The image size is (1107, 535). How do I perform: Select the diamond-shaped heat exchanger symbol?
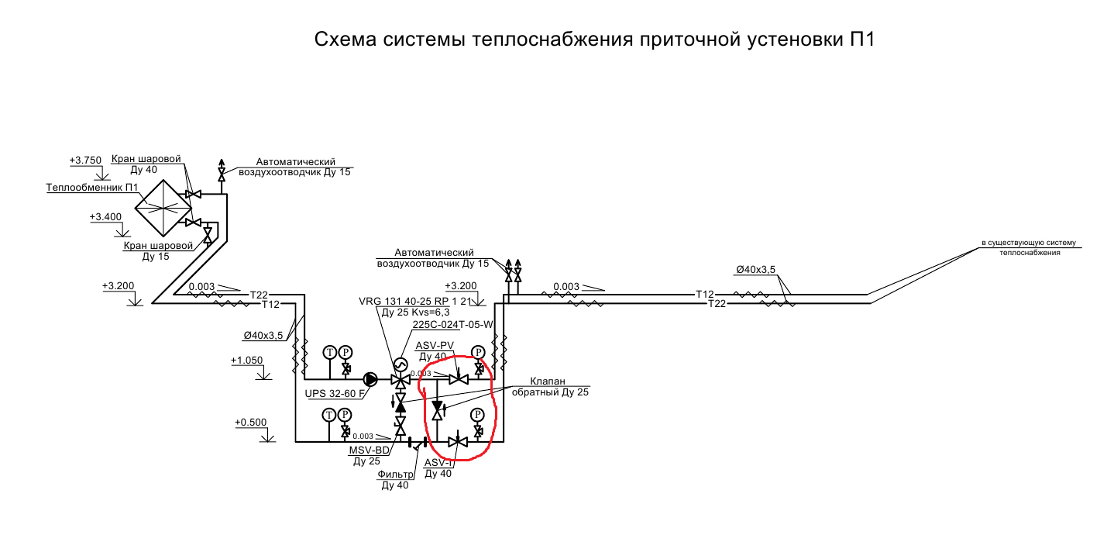point(162,207)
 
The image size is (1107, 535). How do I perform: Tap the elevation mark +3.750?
point(85,160)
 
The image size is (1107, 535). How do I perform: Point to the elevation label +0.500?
point(250,423)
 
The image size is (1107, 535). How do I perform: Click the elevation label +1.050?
point(247,361)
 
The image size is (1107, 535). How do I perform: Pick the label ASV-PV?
point(435,345)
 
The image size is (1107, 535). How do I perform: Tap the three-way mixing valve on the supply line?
point(401,380)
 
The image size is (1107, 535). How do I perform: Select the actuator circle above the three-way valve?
point(401,364)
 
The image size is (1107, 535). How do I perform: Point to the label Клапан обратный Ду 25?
point(549,387)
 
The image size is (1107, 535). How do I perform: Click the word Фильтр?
point(395,474)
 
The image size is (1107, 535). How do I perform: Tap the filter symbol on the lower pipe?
point(418,445)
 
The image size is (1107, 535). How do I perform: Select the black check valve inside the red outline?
point(438,407)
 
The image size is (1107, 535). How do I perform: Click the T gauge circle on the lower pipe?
point(330,415)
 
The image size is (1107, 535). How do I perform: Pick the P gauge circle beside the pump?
point(346,352)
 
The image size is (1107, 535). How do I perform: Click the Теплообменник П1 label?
point(92,188)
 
